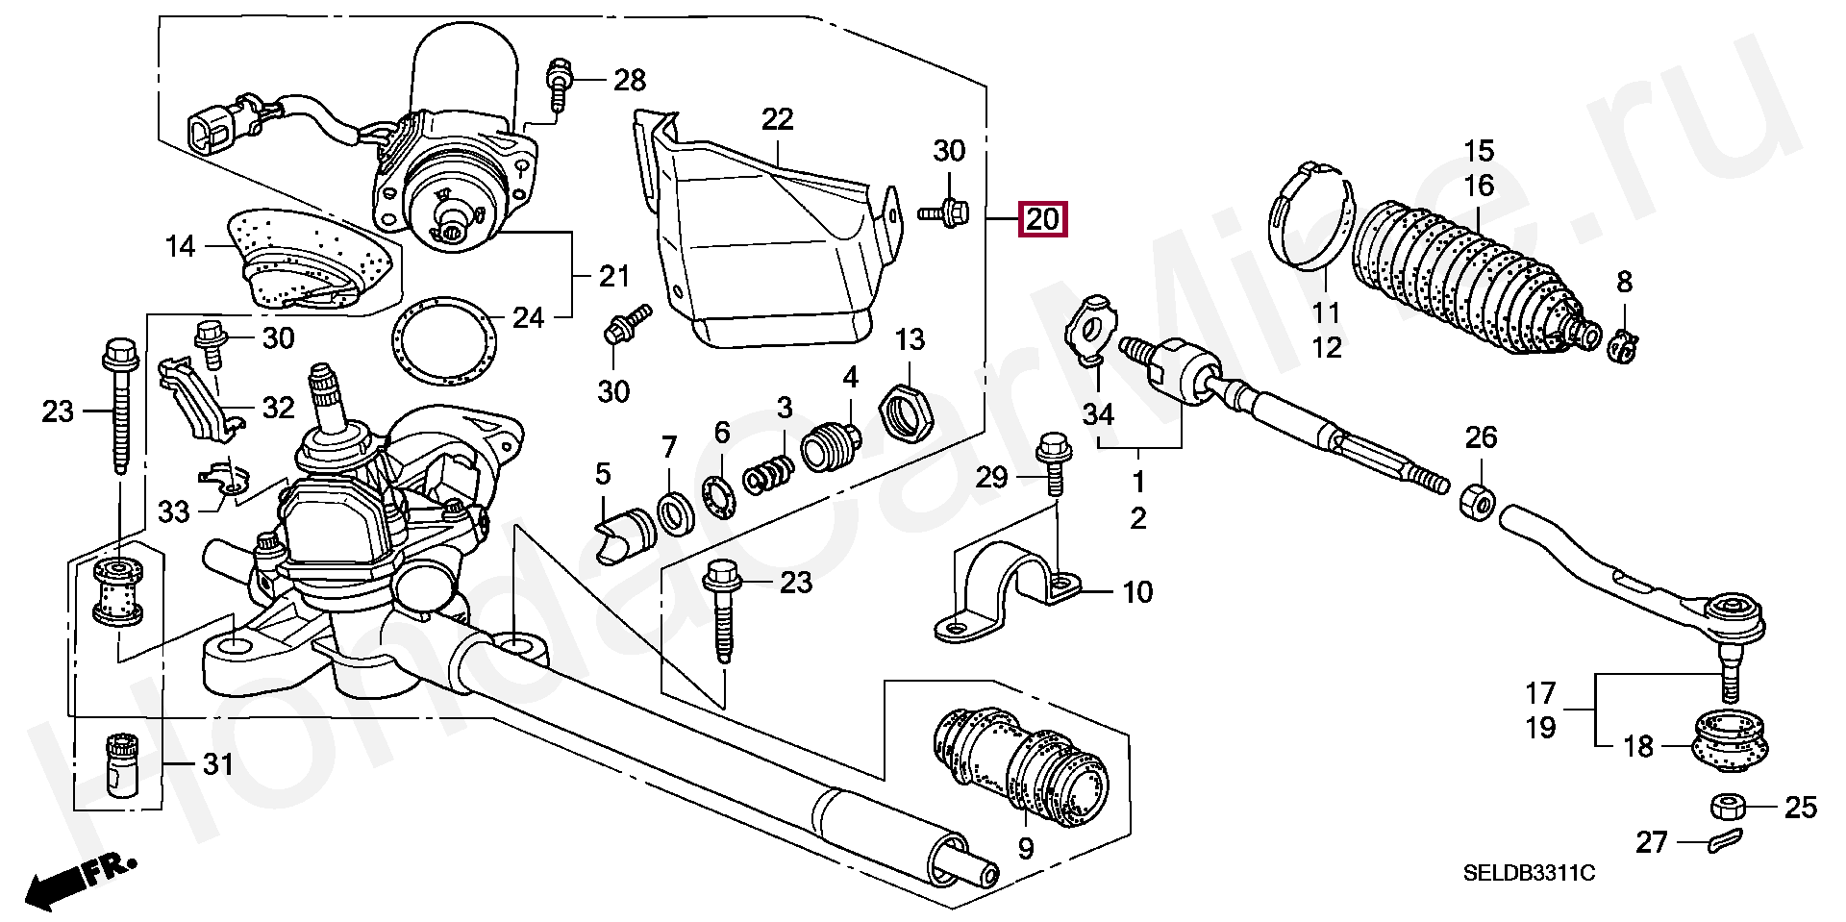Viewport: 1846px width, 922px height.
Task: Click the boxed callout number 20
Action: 1042,220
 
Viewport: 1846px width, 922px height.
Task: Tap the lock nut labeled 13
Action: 904,411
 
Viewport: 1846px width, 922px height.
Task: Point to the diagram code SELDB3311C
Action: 1529,873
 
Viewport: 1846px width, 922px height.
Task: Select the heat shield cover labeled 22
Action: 769,231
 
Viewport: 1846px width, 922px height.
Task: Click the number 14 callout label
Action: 180,247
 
